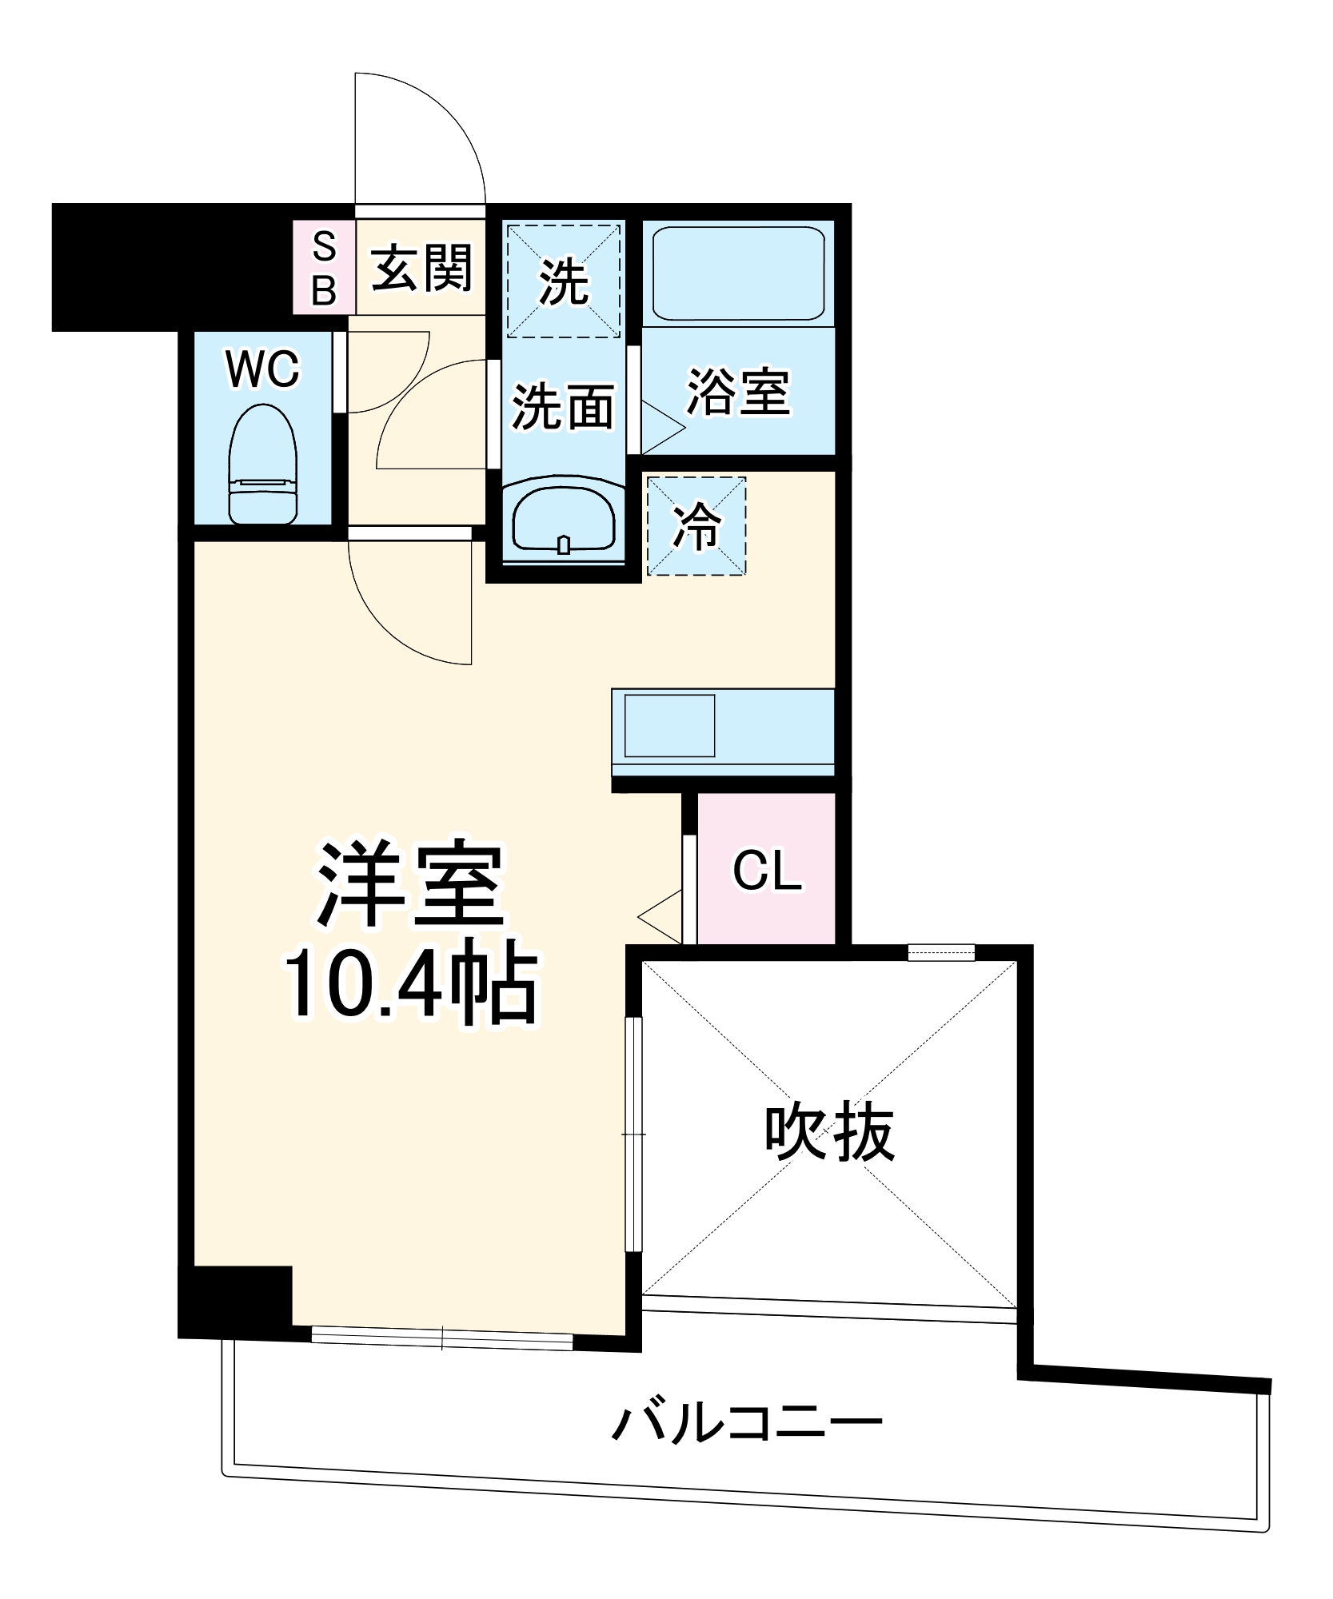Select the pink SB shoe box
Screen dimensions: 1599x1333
tap(324, 268)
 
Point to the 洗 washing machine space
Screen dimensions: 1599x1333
tap(563, 281)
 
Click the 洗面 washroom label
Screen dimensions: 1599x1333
tap(563, 406)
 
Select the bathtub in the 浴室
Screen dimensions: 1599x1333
tap(738, 273)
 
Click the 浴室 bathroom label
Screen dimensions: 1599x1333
tap(738, 393)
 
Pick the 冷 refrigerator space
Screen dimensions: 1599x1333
tap(696, 526)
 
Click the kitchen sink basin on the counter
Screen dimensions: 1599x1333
tap(669, 726)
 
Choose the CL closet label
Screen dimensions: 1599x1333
tap(766, 871)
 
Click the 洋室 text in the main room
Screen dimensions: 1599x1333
tap(410, 884)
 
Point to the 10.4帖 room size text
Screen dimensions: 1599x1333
tap(410, 985)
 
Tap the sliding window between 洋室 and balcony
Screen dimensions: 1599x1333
tap(441, 1338)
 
